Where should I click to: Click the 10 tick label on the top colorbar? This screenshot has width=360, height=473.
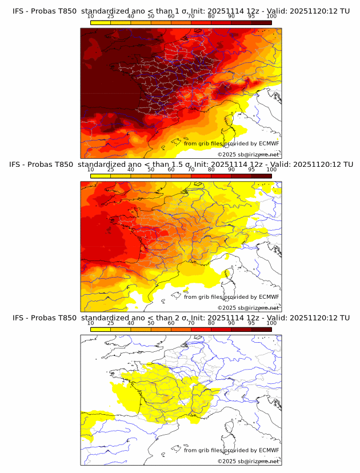click(90, 17)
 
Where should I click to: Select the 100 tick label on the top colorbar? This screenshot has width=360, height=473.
click(271, 17)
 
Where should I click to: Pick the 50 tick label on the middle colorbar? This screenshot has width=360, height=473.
click(151, 170)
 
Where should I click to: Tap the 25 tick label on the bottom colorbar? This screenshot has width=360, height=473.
click(110, 323)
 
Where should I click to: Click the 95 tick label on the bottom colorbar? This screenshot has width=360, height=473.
click(251, 323)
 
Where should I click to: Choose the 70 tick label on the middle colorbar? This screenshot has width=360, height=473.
click(191, 170)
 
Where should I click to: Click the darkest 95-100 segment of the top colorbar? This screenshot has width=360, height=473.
click(261, 23)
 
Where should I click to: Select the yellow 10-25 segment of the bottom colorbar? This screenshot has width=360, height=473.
click(101, 329)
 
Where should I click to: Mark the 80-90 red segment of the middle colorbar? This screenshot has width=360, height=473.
click(221, 176)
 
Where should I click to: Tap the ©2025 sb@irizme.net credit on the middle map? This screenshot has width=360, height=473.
click(248, 307)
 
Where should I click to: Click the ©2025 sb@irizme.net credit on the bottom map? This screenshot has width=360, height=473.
click(248, 461)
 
